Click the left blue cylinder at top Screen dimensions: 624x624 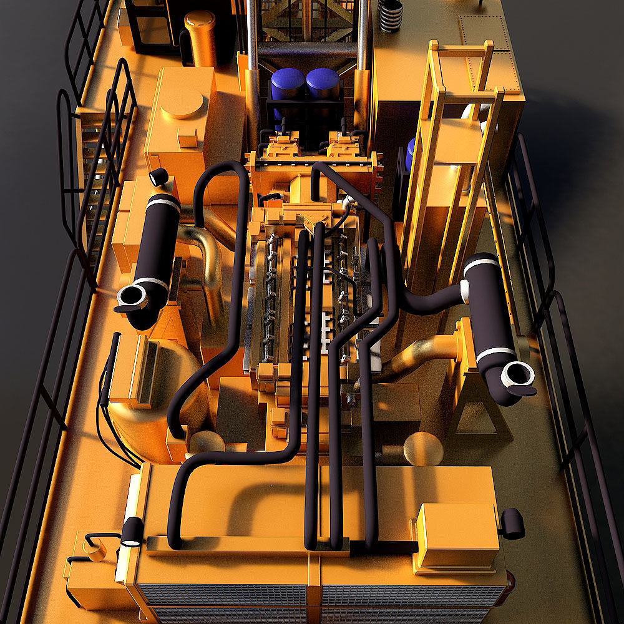[x=288, y=82]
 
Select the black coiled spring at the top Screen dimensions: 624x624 [x=391, y=16]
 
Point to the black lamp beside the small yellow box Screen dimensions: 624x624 [x=513, y=523]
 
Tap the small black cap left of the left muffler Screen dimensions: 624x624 [x=159, y=177]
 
